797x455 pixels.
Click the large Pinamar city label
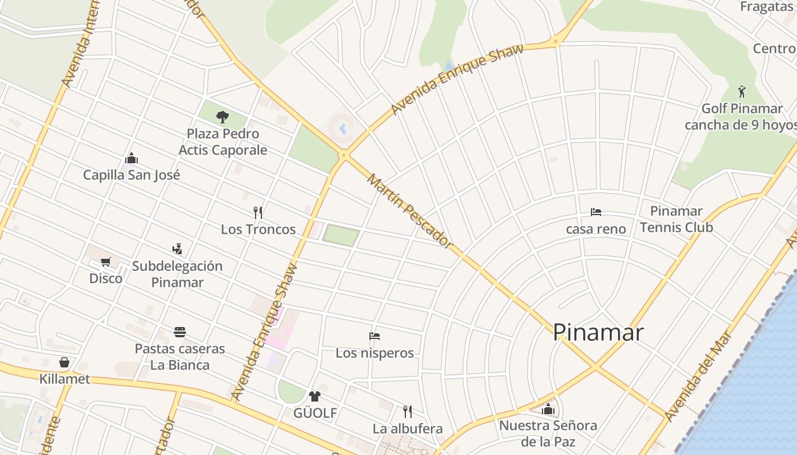click(x=598, y=332)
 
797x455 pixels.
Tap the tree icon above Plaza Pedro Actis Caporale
click(x=223, y=117)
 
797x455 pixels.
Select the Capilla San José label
click(x=132, y=175)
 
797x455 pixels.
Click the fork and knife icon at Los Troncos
click(x=258, y=213)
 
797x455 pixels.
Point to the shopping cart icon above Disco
click(x=105, y=262)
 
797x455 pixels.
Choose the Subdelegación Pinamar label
click(x=177, y=274)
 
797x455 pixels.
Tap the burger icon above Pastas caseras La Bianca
click(x=180, y=332)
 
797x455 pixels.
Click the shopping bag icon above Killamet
click(x=64, y=362)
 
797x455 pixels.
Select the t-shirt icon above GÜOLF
click(x=315, y=396)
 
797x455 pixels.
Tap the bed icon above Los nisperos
click(x=374, y=336)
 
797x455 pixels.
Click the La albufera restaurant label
click(x=408, y=428)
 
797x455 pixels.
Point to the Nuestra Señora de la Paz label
click(x=548, y=433)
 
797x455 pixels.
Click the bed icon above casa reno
click(x=596, y=212)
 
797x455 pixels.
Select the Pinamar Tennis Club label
click(x=676, y=219)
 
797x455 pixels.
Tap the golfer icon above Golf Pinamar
click(x=741, y=92)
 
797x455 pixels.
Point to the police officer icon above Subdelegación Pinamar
click(x=177, y=249)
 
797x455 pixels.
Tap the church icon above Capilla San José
click(x=132, y=158)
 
